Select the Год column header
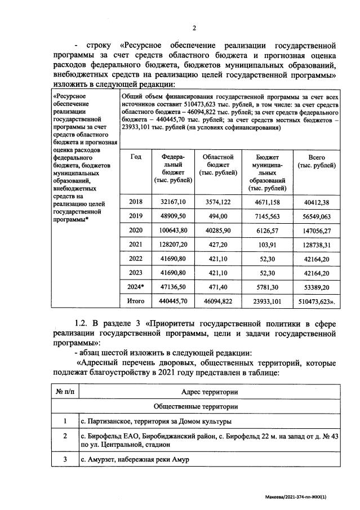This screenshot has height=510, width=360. coord(136,157)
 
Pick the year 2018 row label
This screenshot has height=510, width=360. coord(136,202)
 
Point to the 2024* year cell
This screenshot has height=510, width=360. coord(137,287)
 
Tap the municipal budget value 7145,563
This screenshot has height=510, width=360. coord(268,216)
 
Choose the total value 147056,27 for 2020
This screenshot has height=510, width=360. coord(318,230)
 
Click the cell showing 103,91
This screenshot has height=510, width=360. coord(268,245)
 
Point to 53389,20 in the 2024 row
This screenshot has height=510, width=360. coord(318,287)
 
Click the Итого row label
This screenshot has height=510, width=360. coord(136,301)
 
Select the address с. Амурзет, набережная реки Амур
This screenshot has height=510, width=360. coord(135,459)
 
